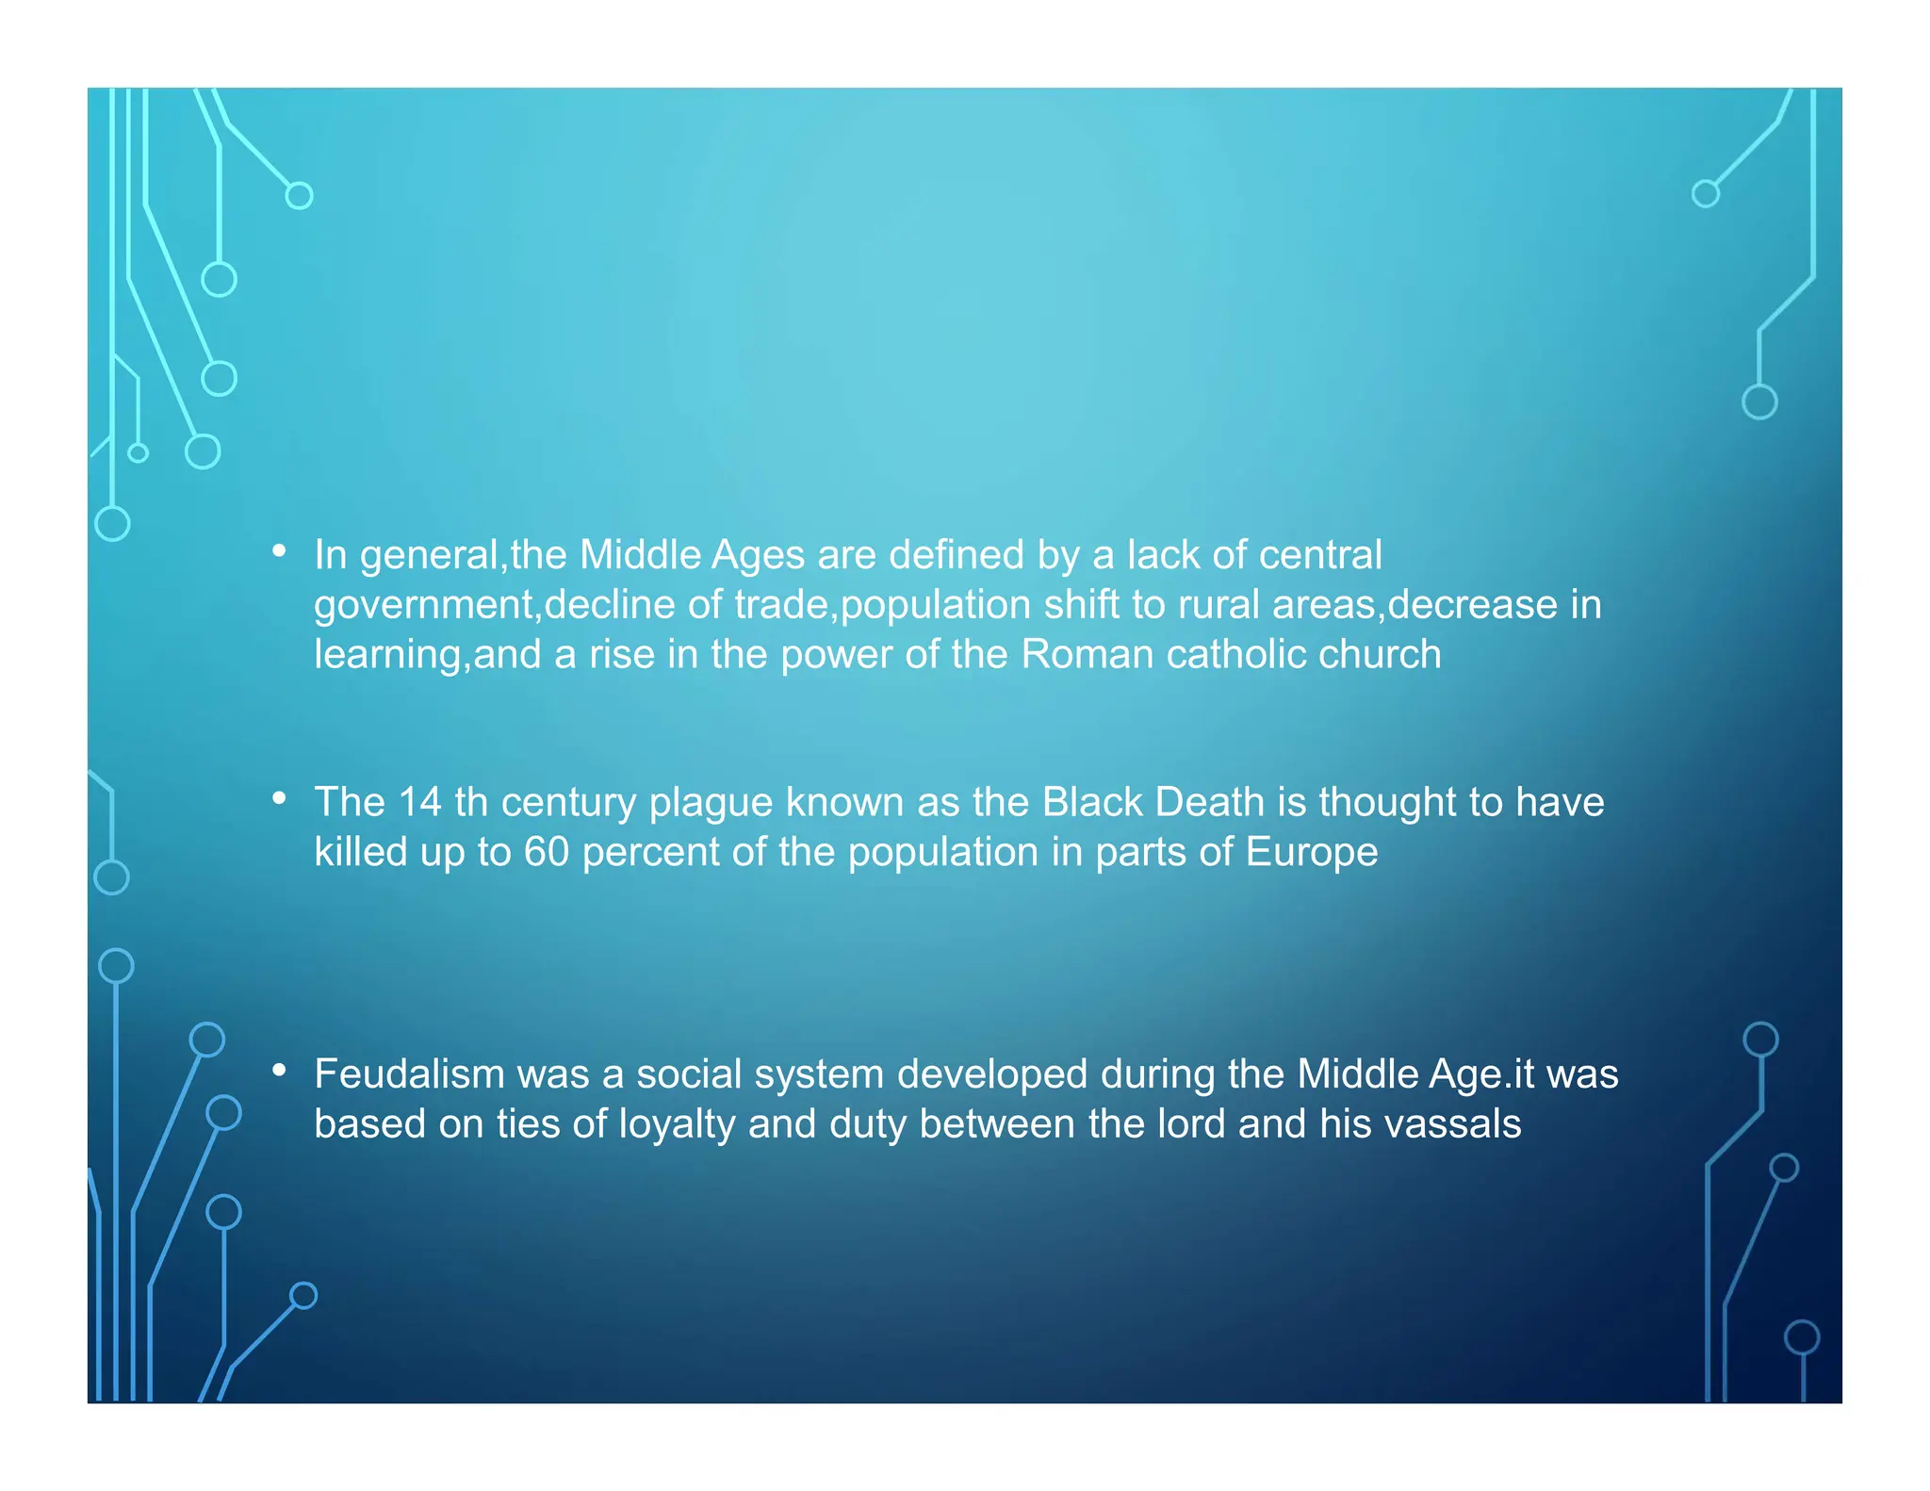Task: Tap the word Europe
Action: [1312, 852]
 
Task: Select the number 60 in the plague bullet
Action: [547, 852]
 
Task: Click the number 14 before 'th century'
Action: [420, 802]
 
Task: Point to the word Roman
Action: [1088, 654]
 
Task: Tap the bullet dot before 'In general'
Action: [279, 550]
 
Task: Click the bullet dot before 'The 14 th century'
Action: [279, 798]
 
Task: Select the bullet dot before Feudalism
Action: [279, 1070]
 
